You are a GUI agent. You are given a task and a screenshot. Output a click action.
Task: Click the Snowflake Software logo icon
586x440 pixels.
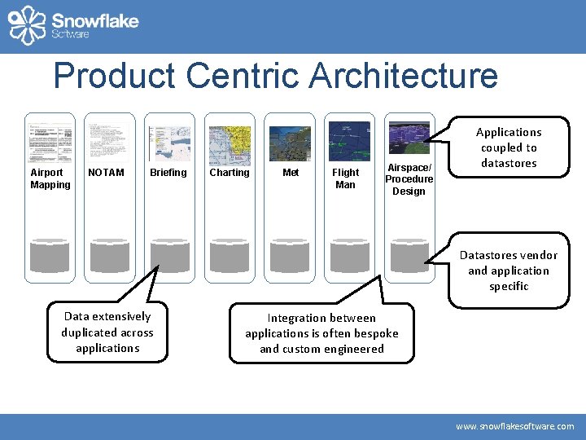click(27, 24)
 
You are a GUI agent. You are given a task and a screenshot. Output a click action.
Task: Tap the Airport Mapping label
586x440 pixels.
click(50, 178)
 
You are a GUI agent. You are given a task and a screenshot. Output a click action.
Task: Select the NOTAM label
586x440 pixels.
click(106, 173)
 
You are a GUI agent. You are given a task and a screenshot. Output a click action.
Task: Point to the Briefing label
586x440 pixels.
click(168, 173)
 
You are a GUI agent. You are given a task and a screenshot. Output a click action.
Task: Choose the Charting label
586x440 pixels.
click(230, 173)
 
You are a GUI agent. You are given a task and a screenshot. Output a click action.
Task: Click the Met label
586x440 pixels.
click(291, 173)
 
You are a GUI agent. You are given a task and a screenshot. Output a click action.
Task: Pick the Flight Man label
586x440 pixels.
click(346, 178)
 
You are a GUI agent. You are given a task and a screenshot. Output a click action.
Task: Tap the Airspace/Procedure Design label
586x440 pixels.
click(409, 179)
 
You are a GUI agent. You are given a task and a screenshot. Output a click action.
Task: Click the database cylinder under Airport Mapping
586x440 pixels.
click(50, 254)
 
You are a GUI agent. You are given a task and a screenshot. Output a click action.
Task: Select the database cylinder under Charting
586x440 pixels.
click(230, 254)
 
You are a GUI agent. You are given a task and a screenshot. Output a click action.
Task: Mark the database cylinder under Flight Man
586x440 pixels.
click(349, 254)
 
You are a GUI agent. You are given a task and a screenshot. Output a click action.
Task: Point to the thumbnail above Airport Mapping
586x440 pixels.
click(50, 143)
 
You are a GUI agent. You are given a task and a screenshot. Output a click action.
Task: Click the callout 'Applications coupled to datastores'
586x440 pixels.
click(509, 147)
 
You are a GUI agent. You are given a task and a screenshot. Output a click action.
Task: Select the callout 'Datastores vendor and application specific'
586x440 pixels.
click(509, 271)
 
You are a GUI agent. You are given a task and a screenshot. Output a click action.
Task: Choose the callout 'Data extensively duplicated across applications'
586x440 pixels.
click(107, 332)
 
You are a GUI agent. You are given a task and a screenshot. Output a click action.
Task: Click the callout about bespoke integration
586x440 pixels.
click(321, 333)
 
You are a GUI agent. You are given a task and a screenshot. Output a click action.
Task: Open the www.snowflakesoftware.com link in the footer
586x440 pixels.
click(514, 426)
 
